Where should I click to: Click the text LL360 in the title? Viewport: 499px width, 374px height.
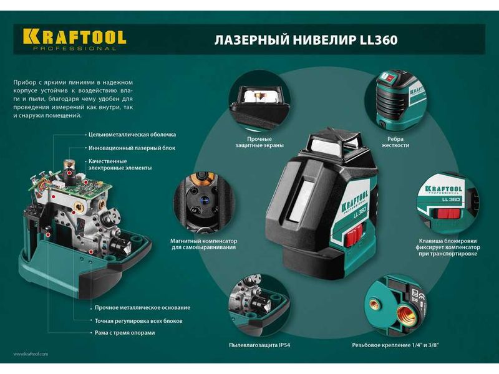(x=379, y=40)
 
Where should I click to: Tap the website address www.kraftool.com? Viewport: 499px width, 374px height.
(x=31, y=353)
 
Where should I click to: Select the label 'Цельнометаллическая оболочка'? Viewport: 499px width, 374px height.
(x=132, y=135)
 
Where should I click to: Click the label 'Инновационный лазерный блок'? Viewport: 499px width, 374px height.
(x=132, y=148)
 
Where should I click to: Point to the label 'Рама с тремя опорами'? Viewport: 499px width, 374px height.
(x=125, y=333)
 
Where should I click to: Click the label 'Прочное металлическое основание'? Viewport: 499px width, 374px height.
(x=143, y=307)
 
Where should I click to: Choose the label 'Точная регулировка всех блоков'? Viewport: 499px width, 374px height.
(x=138, y=321)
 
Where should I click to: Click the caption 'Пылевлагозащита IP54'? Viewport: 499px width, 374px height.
(x=259, y=345)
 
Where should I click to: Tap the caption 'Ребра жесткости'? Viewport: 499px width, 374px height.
(x=395, y=142)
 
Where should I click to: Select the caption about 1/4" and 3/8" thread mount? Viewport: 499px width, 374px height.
(x=395, y=345)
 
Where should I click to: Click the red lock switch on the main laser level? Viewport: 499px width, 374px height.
(x=354, y=236)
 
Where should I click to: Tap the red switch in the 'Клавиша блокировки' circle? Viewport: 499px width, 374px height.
(x=448, y=213)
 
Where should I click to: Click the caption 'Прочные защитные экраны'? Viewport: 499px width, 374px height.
(x=259, y=142)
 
